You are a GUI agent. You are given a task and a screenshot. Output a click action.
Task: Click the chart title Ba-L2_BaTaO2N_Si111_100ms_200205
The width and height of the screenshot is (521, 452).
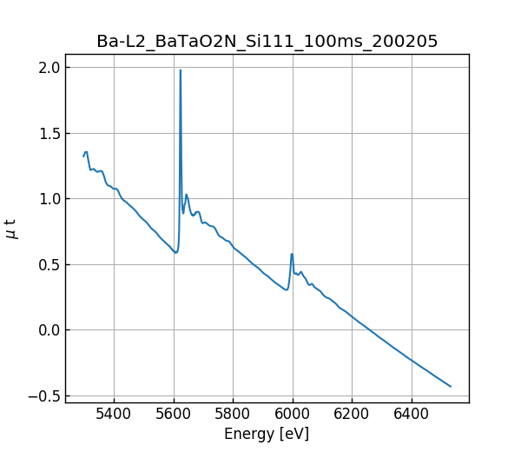(x=267, y=41)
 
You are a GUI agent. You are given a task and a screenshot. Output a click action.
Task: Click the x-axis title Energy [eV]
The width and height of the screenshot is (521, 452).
(x=267, y=434)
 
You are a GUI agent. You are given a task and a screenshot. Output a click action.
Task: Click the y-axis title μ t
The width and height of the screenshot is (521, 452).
(x=11, y=229)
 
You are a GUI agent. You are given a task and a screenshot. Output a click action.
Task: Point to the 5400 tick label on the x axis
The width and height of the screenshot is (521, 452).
(x=115, y=413)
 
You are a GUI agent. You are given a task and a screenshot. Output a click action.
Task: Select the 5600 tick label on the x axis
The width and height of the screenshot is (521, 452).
(x=174, y=413)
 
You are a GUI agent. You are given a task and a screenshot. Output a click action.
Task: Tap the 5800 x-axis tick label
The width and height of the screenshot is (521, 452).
(x=234, y=413)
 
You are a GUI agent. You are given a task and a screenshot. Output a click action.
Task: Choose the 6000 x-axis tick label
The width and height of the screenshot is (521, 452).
(x=293, y=413)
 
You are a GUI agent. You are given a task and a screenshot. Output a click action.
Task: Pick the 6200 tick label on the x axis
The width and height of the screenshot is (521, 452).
(x=352, y=413)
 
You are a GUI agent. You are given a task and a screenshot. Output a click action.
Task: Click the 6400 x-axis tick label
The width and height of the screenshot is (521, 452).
(x=412, y=413)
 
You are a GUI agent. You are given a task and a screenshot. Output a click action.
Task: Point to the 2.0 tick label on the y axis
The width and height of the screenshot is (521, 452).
(x=49, y=68)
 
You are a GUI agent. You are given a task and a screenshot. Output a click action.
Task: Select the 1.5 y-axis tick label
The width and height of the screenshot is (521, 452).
(x=49, y=133)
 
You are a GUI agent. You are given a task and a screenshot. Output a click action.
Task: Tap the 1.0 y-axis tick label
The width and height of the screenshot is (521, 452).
(x=49, y=199)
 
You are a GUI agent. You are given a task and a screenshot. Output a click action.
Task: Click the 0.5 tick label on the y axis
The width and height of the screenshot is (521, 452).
(x=49, y=264)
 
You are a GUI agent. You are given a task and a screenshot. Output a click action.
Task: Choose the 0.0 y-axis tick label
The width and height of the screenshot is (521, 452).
(x=49, y=330)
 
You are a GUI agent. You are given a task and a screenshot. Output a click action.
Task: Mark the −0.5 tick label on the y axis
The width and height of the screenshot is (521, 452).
(x=45, y=395)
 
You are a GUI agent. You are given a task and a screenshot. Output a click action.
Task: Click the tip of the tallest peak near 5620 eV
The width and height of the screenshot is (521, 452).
(x=181, y=70)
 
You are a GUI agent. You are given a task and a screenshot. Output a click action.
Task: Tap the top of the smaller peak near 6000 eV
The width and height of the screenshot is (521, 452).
(x=292, y=254)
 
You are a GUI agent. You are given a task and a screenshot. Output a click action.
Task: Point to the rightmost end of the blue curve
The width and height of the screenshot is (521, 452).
(x=451, y=386)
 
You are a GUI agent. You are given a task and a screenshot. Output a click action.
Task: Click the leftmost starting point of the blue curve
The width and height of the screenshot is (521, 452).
(x=83, y=156)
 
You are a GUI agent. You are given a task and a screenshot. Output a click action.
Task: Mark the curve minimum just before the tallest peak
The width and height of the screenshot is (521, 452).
(x=175, y=253)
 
